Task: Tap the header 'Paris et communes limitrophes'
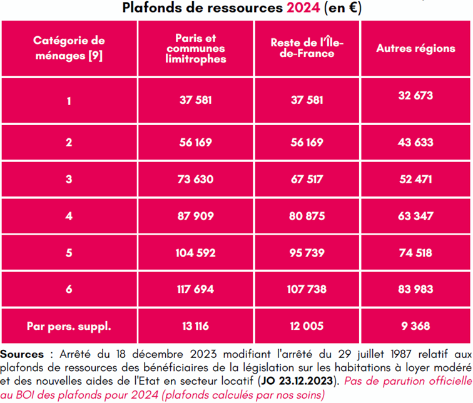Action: [192, 49]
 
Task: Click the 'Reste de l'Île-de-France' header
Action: [307, 48]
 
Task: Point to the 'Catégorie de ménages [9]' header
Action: [69, 48]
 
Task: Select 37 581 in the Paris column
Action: [192, 101]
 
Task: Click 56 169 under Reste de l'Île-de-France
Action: [307, 143]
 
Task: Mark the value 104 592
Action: [192, 254]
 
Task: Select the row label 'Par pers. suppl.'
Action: [69, 326]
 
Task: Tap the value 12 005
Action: [307, 326]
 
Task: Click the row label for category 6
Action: [69, 290]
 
